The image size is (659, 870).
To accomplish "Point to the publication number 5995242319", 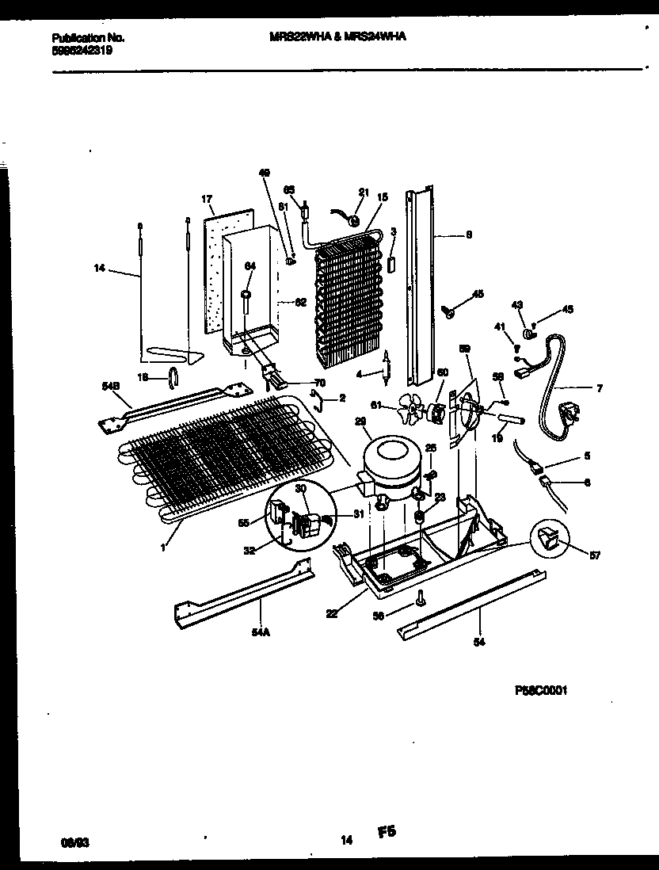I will [82, 49].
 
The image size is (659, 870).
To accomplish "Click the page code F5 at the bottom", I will [386, 831].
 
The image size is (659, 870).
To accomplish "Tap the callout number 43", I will [518, 305].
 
